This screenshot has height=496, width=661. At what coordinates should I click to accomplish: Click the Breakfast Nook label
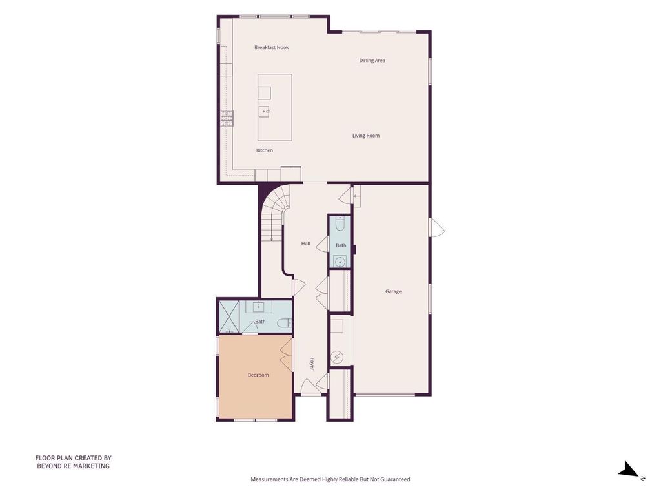[x=272, y=48]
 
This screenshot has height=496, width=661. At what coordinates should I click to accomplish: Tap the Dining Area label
[x=372, y=60]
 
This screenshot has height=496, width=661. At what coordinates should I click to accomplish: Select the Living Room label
[x=366, y=136]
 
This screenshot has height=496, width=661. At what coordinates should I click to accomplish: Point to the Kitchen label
[x=264, y=150]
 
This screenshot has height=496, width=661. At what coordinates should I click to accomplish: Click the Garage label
[x=393, y=291]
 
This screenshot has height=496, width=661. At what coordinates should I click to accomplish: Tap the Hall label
[x=305, y=243]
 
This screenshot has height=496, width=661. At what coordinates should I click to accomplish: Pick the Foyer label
[x=312, y=364]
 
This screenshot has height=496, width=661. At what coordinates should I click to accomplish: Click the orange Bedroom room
[x=255, y=377]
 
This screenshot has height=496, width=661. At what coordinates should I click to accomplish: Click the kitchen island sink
[x=264, y=112]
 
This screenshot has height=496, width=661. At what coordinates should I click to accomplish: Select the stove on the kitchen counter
[x=227, y=119]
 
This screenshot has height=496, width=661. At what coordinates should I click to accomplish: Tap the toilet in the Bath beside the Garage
[x=340, y=223]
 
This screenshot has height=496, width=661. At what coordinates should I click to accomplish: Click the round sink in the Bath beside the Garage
[x=340, y=262]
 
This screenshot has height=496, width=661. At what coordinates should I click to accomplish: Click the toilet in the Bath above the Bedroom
[x=285, y=323]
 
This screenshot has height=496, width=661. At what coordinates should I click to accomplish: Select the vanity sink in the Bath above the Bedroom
[x=259, y=307]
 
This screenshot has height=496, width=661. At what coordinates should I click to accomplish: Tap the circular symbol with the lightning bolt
[x=337, y=358]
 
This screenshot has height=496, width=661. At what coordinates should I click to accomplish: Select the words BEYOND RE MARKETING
[x=74, y=466]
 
